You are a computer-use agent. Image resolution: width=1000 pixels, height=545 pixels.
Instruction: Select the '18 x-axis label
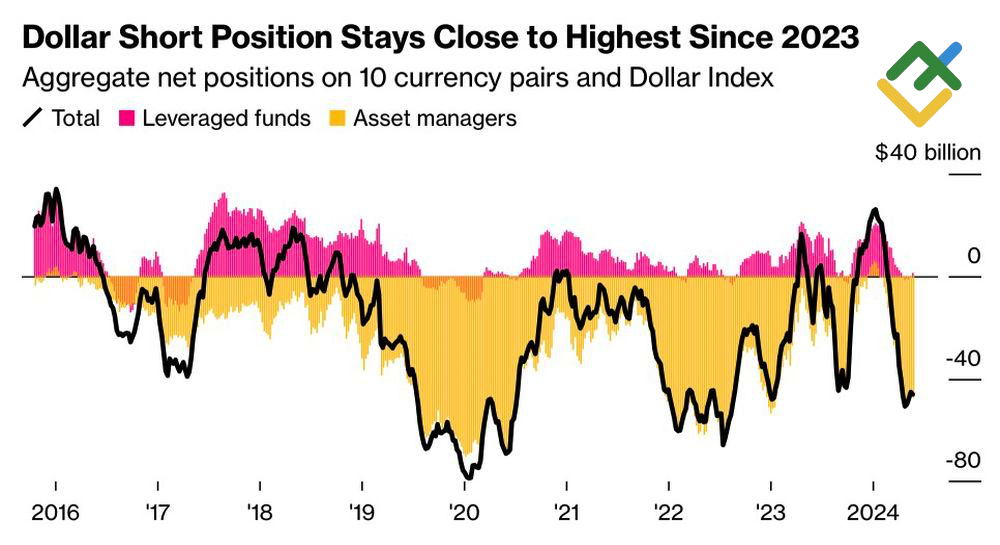click(x=260, y=511)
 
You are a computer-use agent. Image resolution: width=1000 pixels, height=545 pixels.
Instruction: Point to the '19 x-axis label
click(x=362, y=511)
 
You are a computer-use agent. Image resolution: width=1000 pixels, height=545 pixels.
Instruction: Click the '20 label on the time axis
click(x=465, y=511)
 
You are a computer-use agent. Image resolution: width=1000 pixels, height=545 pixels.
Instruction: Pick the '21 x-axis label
click(x=567, y=511)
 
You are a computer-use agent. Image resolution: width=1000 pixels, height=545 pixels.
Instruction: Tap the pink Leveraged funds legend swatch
click(x=127, y=119)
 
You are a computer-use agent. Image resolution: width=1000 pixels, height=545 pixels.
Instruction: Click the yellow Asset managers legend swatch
click(x=337, y=119)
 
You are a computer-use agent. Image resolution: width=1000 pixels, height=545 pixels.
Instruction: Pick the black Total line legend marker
click(x=32, y=119)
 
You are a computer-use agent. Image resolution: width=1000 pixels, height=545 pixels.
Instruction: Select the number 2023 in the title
click(x=806, y=40)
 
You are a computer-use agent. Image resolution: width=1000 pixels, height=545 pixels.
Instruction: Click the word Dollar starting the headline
click(x=67, y=40)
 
